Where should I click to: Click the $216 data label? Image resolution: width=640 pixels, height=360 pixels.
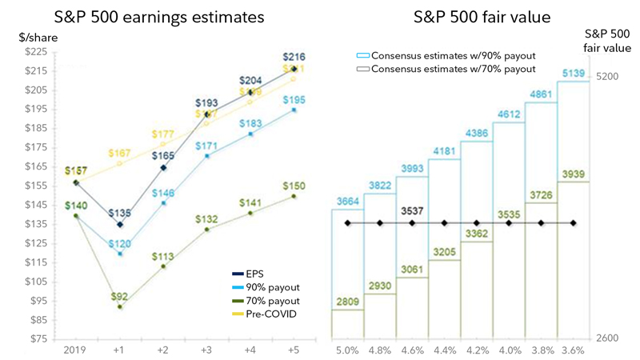(x=294, y=58)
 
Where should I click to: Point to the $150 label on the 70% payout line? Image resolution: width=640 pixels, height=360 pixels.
(x=294, y=186)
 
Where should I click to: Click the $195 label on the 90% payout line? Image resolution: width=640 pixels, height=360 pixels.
(x=294, y=99)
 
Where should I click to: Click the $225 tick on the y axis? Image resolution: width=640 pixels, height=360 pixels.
(x=36, y=51)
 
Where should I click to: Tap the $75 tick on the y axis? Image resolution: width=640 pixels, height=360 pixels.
(x=38, y=338)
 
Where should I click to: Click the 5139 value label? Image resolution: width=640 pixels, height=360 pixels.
(x=573, y=74)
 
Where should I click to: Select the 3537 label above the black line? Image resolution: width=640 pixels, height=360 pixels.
(x=411, y=213)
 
